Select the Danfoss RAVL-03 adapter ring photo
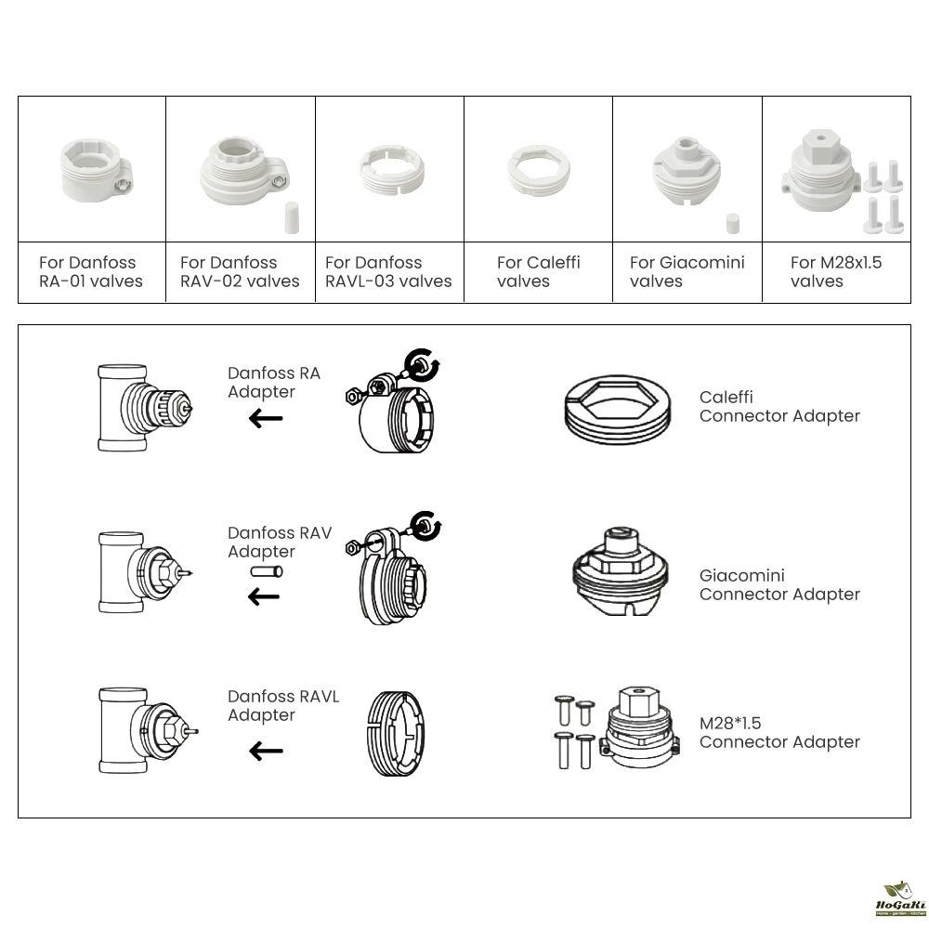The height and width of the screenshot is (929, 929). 390,170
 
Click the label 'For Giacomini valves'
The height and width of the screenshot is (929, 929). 687,271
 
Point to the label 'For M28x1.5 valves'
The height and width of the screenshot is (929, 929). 836,271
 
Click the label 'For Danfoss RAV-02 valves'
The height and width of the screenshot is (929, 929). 240,271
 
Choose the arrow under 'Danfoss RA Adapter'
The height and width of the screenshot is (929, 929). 266,419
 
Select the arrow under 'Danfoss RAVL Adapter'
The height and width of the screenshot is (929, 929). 266,751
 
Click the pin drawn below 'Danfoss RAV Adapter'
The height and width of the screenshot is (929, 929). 266,572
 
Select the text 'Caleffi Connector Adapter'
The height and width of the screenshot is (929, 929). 779,407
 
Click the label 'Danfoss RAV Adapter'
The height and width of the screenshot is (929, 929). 280,543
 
